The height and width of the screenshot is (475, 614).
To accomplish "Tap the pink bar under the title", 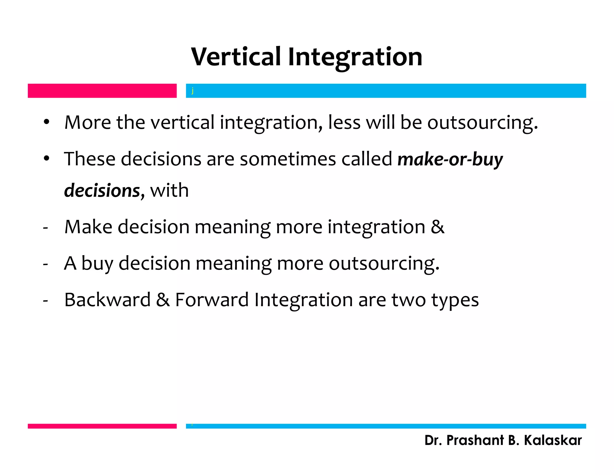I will pyautogui.click(x=102, y=91).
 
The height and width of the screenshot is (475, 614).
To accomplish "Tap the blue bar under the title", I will pyautogui.click(x=386, y=91).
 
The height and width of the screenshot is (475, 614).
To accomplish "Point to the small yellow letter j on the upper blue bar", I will pyautogui.click(x=192, y=91).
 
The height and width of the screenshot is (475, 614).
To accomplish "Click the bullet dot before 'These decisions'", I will pyautogui.click(x=46, y=159).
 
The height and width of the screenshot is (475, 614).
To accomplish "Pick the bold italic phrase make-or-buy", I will pyautogui.click(x=450, y=159).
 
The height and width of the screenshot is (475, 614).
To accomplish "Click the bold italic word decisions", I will pyautogui.click(x=102, y=191).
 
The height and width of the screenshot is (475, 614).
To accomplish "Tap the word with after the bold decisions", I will pyautogui.click(x=169, y=190).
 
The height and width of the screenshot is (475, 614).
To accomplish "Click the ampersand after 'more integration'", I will pyautogui.click(x=437, y=227).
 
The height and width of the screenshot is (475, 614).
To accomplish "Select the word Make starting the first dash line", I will pyautogui.click(x=88, y=227).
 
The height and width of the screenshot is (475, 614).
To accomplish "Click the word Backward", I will pyautogui.click(x=107, y=300).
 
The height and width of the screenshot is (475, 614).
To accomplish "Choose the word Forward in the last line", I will pyautogui.click(x=212, y=300).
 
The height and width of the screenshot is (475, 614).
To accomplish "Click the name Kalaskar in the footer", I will pyautogui.click(x=553, y=440).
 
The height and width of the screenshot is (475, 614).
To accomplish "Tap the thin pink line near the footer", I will pyautogui.click(x=102, y=426).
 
